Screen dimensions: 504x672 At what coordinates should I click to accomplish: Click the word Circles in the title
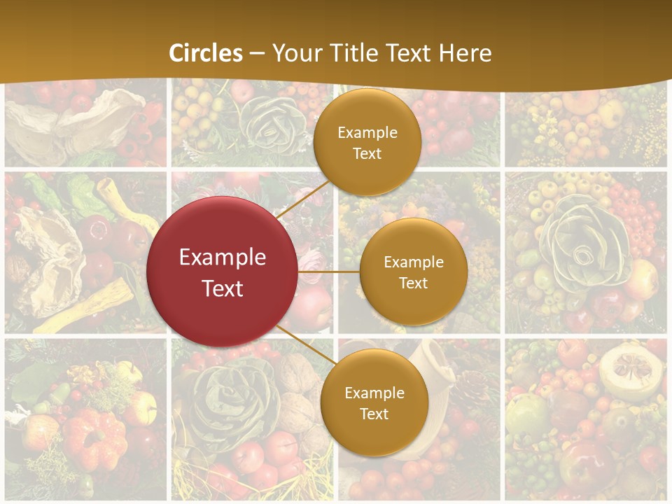tap(206, 53)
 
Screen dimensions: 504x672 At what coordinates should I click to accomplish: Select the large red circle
tap(223, 272)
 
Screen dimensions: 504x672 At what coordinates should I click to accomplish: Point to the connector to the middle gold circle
tap(329, 272)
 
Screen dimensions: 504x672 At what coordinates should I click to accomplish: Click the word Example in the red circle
tap(223, 258)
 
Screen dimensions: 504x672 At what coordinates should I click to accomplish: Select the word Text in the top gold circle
tap(367, 153)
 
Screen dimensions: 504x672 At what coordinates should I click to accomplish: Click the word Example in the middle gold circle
tap(413, 262)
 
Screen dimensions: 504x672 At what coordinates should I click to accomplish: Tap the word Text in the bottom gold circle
tap(374, 414)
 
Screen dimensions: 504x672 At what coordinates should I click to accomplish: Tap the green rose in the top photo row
tap(265, 119)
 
